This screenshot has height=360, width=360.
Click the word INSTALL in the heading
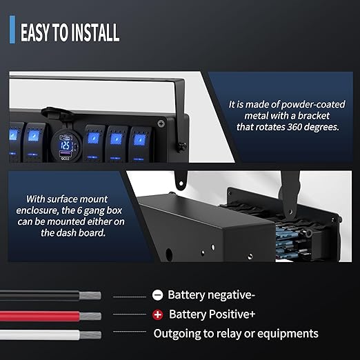(x=94, y=32)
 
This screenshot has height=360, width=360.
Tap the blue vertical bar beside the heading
(x=12, y=30)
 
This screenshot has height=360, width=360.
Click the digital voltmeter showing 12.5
(x=66, y=145)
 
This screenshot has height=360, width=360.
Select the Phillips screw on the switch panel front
(x=161, y=123)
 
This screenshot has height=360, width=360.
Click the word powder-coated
(x=313, y=105)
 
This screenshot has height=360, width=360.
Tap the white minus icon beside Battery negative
(x=157, y=295)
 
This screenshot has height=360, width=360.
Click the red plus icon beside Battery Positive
(x=158, y=314)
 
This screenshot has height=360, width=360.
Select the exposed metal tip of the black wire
(x=90, y=295)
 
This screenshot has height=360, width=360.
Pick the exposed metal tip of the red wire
(x=90, y=316)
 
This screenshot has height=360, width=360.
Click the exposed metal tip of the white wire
(x=90, y=335)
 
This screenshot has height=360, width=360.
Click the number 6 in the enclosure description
(x=79, y=210)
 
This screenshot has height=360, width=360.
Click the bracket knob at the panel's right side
(x=182, y=146)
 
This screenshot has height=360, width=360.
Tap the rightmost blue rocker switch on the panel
(x=140, y=144)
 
